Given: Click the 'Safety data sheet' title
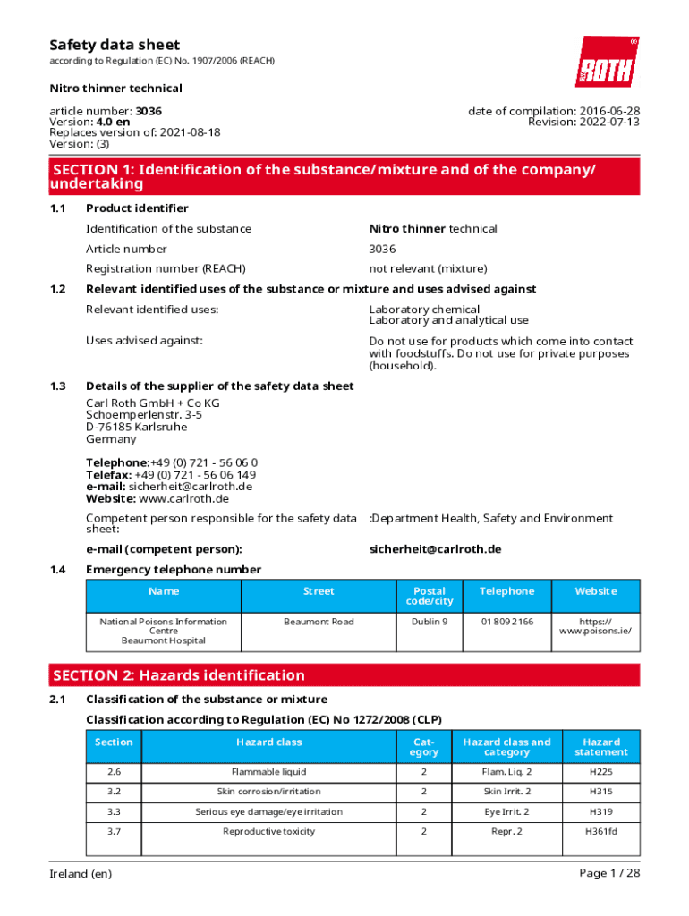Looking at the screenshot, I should (x=115, y=45).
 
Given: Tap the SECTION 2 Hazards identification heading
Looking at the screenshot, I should (x=179, y=675).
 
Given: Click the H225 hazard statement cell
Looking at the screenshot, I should (x=601, y=772).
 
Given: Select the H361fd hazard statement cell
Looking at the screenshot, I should (x=601, y=831).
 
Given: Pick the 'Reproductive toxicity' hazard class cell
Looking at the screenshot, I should (x=268, y=831).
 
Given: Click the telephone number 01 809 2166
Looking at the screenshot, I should (x=507, y=622).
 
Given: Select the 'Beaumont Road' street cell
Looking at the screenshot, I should (x=319, y=622).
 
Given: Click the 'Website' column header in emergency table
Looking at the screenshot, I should (x=595, y=591).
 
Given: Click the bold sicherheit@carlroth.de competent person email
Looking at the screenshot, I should (x=435, y=548).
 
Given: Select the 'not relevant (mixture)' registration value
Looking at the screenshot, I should (x=428, y=268).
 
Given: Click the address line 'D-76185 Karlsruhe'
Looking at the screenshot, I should (x=123, y=427).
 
